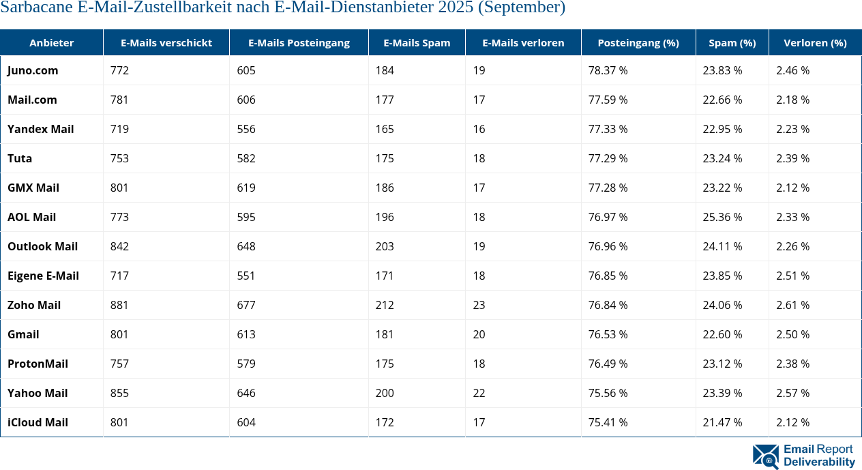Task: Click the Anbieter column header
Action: point(51,42)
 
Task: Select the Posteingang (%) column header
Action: point(638,42)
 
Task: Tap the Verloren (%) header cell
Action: point(815,42)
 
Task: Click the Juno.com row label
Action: point(33,70)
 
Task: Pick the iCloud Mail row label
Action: point(38,422)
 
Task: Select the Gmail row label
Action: point(23,334)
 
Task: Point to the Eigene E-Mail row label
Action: point(43,276)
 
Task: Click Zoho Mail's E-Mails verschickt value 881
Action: point(119,305)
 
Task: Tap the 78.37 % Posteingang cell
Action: point(608,70)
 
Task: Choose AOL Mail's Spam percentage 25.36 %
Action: point(722,217)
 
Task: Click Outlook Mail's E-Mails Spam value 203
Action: point(385,246)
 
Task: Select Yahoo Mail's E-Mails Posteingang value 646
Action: point(246,393)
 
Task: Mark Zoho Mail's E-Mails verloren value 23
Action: point(479,305)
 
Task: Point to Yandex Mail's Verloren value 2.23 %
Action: point(792,129)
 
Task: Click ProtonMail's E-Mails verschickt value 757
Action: point(119,364)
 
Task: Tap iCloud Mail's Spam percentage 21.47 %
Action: point(722,422)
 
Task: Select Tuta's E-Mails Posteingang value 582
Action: point(246,158)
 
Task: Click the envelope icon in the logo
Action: point(765,456)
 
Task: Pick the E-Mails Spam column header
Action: point(417,42)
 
